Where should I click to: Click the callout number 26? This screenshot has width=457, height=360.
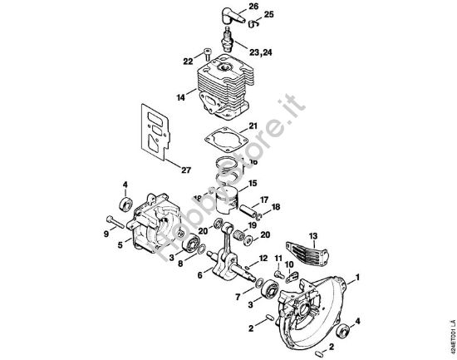pyautogui.click(x=253, y=7)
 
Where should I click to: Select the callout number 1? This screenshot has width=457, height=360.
pyautogui.click(x=357, y=276)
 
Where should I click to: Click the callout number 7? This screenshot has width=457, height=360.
pyautogui.click(x=238, y=296)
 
